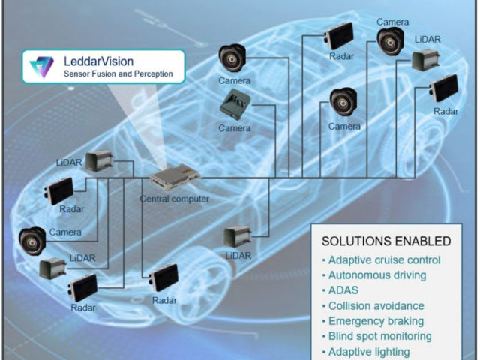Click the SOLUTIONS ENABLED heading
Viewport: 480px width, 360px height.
tap(386, 241)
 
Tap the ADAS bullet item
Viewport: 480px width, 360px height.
tap(343, 290)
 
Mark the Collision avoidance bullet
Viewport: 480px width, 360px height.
tap(375, 306)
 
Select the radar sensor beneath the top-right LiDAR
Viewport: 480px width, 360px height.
tap(445, 89)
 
